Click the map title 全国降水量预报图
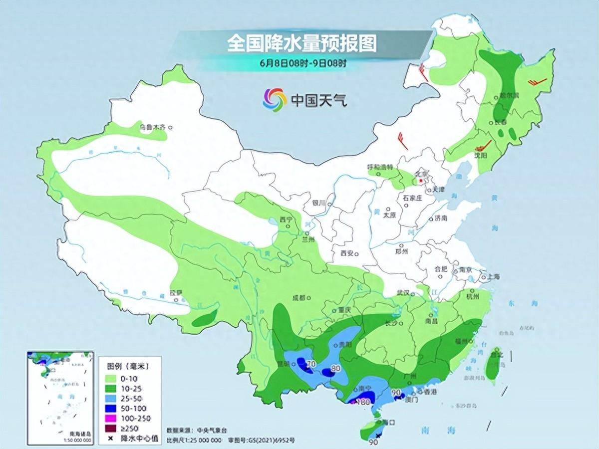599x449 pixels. (x=301, y=43)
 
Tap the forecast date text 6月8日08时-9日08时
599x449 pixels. (x=302, y=63)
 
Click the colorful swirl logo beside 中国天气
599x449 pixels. (x=275, y=100)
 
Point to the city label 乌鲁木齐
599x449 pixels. (x=152, y=128)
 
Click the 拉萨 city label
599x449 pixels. (x=176, y=293)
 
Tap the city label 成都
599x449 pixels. (x=298, y=298)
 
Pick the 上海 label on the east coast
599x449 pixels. (x=493, y=276)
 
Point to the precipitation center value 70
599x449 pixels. (x=311, y=364)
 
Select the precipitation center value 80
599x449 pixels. (x=335, y=369)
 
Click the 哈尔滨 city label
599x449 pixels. (x=510, y=95)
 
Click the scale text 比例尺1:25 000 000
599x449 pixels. (x=194, y=441)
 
